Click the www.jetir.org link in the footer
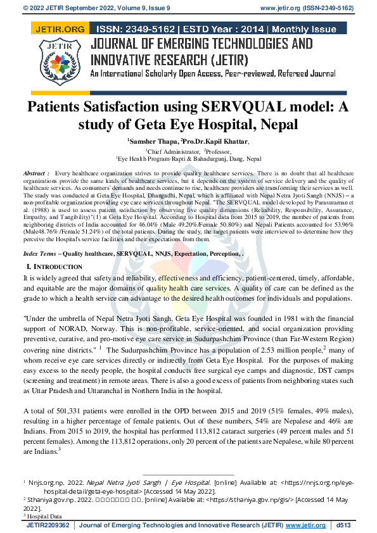tap(305, 525)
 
